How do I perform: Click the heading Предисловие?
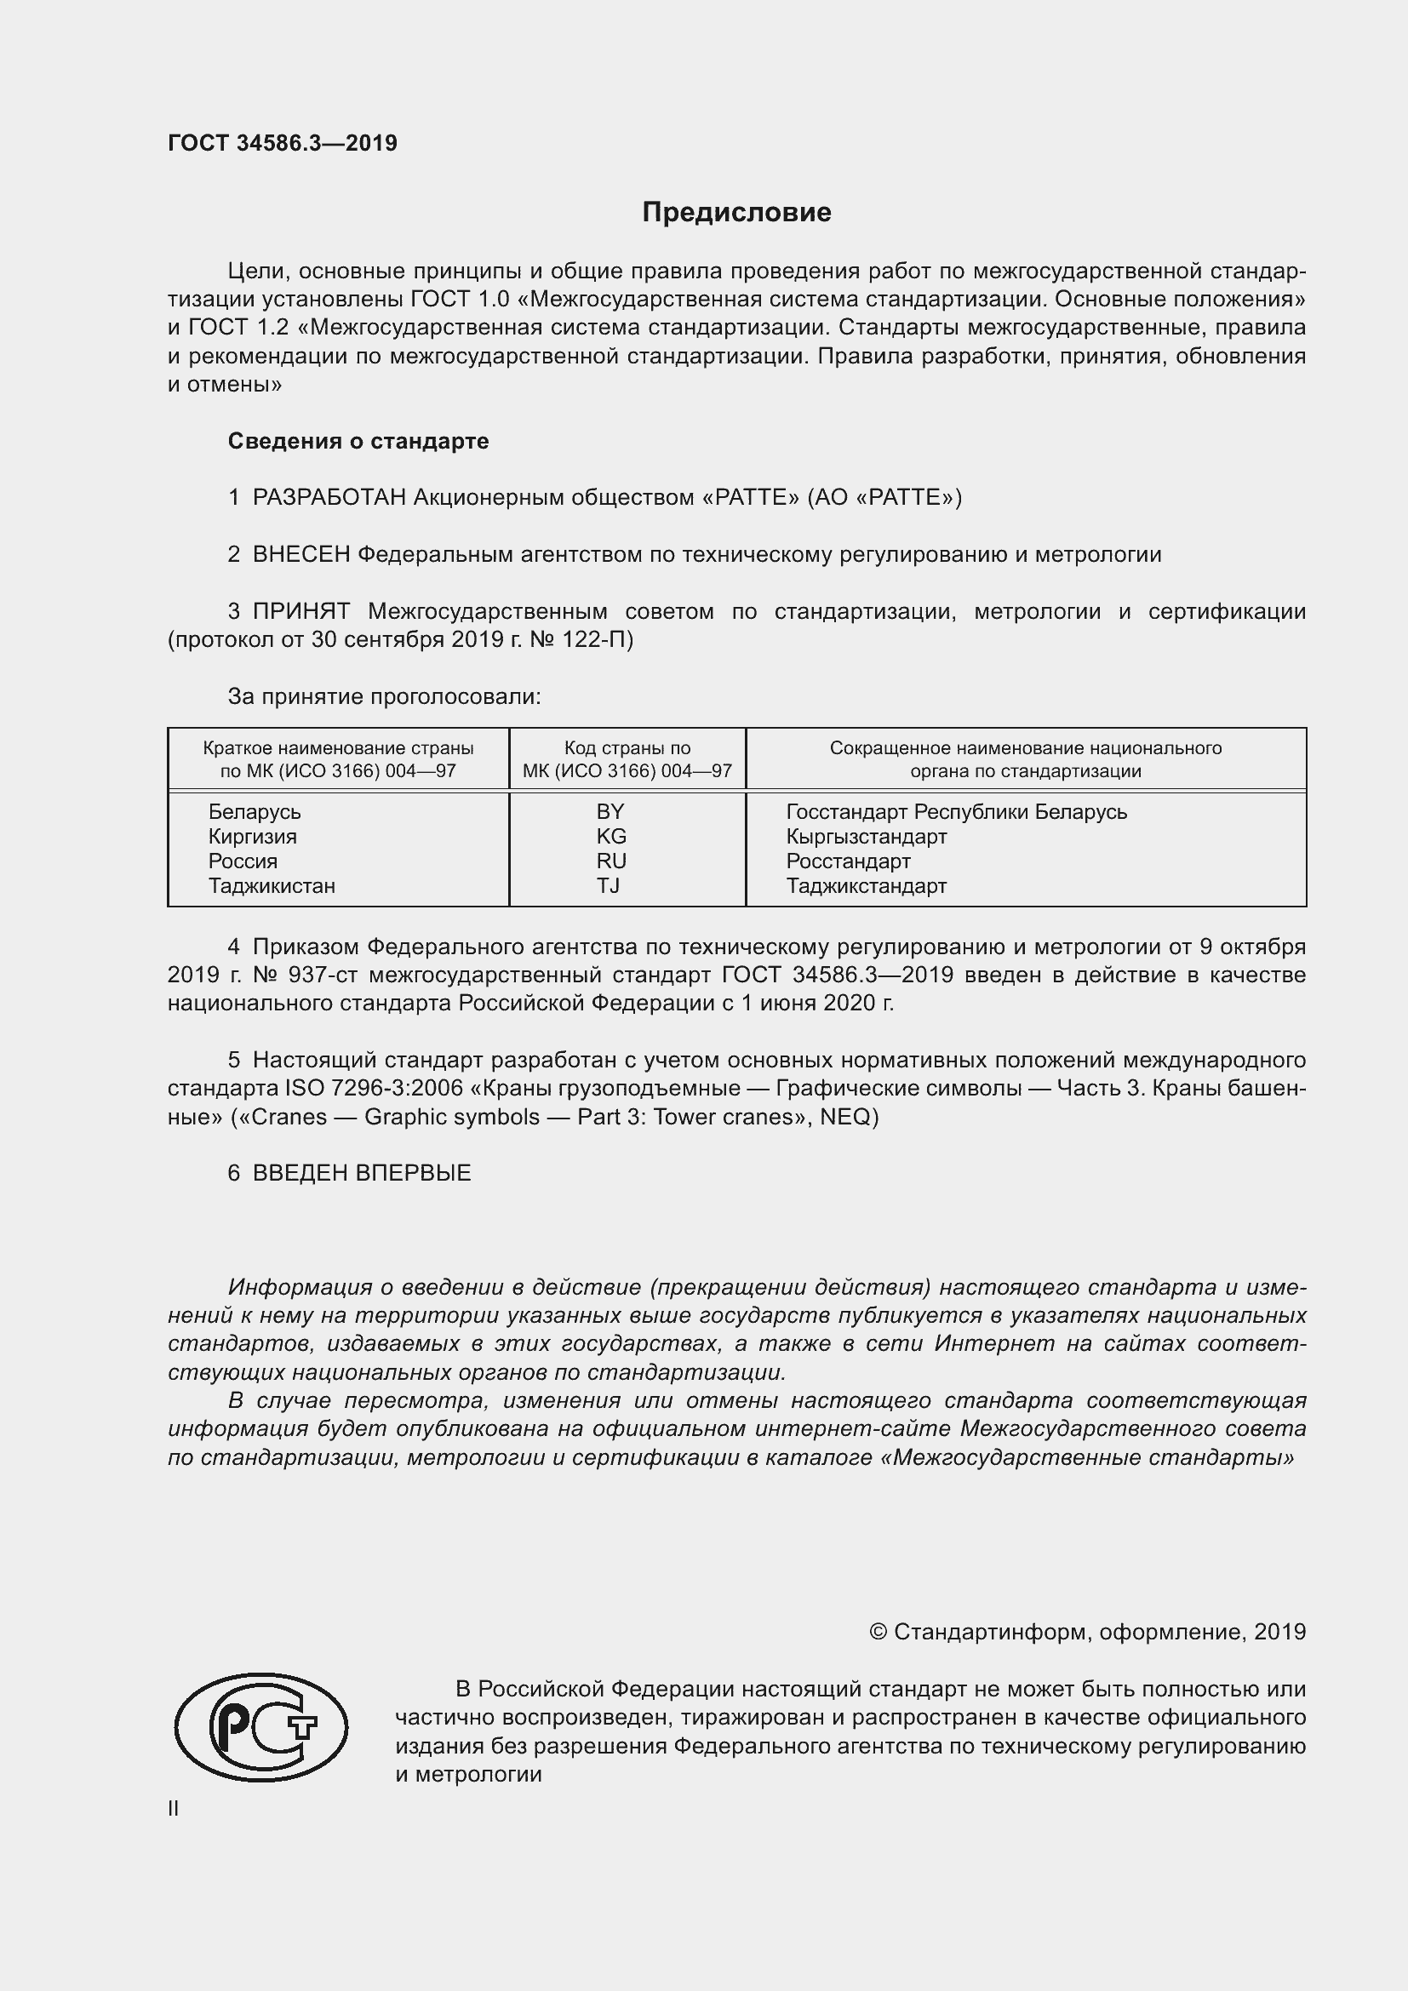[736, 213]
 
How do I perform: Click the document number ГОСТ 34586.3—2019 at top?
[283, 143]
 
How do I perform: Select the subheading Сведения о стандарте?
[358, 442]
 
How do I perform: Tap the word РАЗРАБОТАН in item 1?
[329, 498]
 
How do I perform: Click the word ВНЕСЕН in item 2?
[300, 555]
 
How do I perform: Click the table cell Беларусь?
[254, 812]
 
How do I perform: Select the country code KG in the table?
[611, 836]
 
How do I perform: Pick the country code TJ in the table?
[608, 885]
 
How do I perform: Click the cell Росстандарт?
[848, 861]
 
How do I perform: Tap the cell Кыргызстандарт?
[866, 837]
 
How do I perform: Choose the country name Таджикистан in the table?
[272, 885]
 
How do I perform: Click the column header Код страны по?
[627, 748]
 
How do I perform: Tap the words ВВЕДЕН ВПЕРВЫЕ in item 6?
[362, 1173]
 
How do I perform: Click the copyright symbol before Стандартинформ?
[878, 1632]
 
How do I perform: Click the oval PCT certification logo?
[261, 1727]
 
